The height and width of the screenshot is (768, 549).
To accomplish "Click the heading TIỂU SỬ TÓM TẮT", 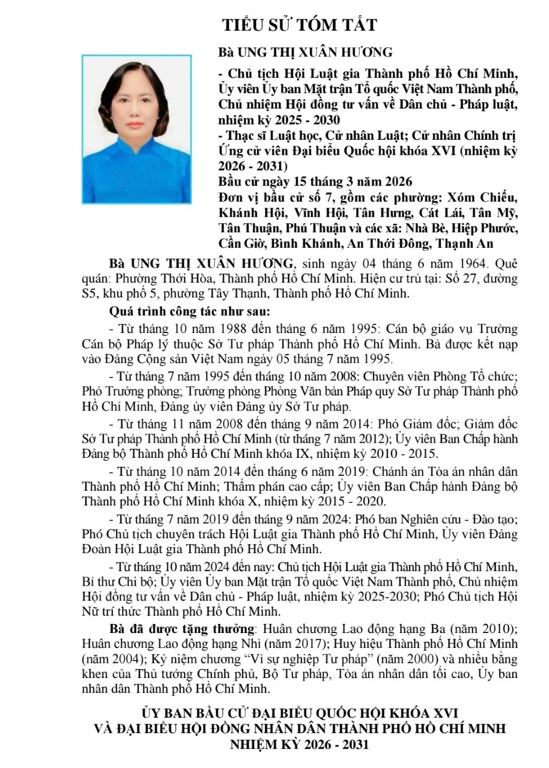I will [x=300, y=25].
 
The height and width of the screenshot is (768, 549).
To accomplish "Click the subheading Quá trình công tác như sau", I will [x=189, y=312].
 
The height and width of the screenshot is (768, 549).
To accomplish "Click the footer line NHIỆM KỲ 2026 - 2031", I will [x=300, y=745].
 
